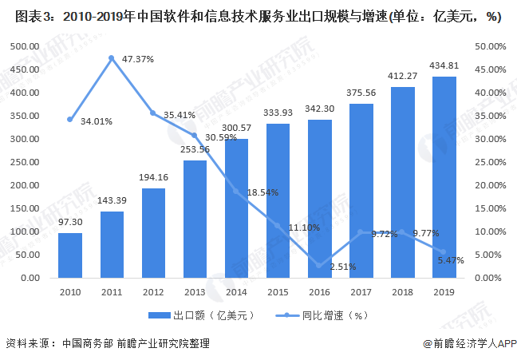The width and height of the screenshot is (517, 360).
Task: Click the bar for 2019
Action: pyautogui.click(x=444, y=177)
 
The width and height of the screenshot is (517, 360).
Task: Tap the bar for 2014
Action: pyautogui.click(x=236, y=208)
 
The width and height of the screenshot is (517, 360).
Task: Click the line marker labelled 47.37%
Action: pyautogui.click(x=112, y=58)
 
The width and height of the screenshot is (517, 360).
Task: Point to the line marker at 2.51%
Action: pyautogui.click(x=319, y=266)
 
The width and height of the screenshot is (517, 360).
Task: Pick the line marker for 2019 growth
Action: pyautogui.click(x=444, y=252)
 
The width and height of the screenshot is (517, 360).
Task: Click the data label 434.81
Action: pyautogui.click(x=444, y=65)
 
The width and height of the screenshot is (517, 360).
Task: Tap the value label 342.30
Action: pyautogui.click(x=319, y=109)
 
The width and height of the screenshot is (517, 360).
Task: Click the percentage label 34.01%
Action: pyautogui.click(x=97, y=121)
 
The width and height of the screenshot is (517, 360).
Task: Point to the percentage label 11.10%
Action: pyautogui.click(x=305, y=227)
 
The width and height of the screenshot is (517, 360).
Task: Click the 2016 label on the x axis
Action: pyautogui.click(x=319, y=292)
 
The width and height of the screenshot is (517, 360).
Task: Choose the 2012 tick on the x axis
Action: pyautogui.click(x=153, y=292)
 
